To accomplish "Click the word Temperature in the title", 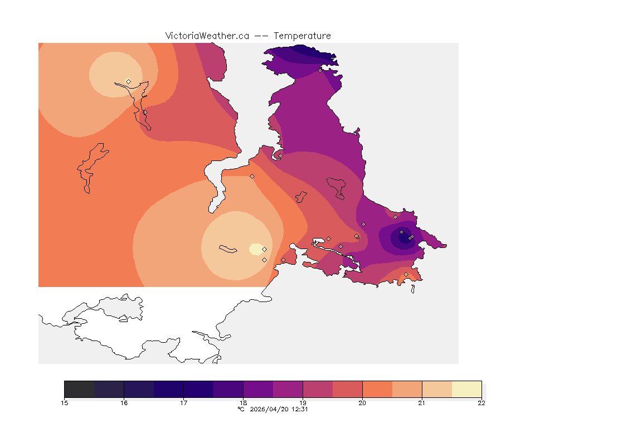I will tap(303, 36).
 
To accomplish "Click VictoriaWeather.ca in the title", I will tap(207, 36).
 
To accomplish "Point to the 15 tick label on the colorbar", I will tap(65, 403).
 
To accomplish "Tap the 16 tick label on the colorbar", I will tap(124, 403).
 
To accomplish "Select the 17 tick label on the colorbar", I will tap(184, 403).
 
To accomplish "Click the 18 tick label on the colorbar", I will tap(244, 403).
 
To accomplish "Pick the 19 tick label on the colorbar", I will tap(303, 403).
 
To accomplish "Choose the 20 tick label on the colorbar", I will tap(362, 403).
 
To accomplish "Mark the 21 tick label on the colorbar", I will tap(422, 403).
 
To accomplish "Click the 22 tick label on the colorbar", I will tap(481, 403).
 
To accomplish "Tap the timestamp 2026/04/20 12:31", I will tap(278, 409).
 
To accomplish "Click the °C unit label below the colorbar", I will tap(241, 409).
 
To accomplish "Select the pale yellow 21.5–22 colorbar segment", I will tap(466, 389).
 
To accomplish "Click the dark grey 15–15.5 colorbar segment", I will tap(80, 389).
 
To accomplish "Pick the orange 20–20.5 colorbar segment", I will tap(377, 389).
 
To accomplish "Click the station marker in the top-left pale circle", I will tap(129, 81).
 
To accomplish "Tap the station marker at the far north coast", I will tap(320, 70).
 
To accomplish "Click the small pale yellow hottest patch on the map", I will tap(256, 249).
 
